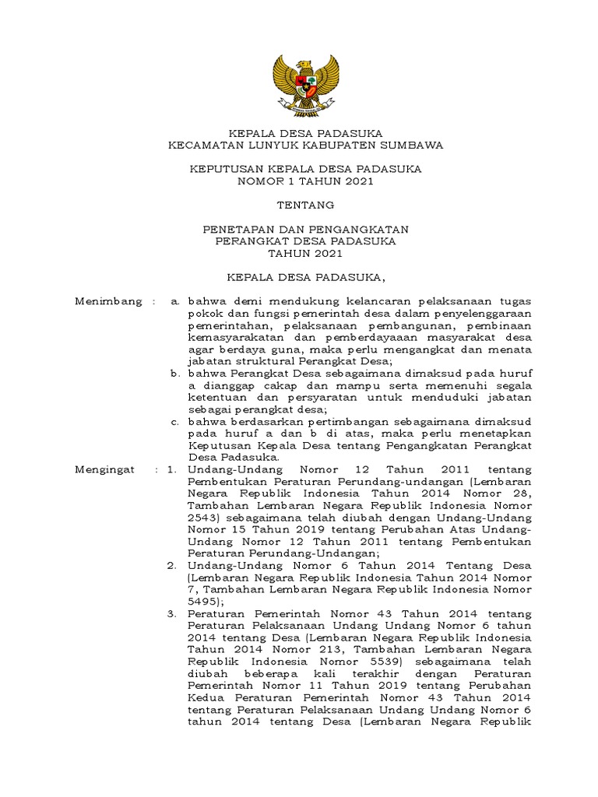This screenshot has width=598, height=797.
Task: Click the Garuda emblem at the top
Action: (306, 83)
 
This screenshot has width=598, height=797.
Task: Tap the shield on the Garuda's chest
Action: (306, 79)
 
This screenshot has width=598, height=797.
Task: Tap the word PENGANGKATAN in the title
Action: (367, 230)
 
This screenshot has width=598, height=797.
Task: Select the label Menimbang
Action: (108, 301)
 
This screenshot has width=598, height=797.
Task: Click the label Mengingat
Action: (104, 469)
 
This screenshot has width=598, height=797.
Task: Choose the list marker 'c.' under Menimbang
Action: (175, 422)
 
